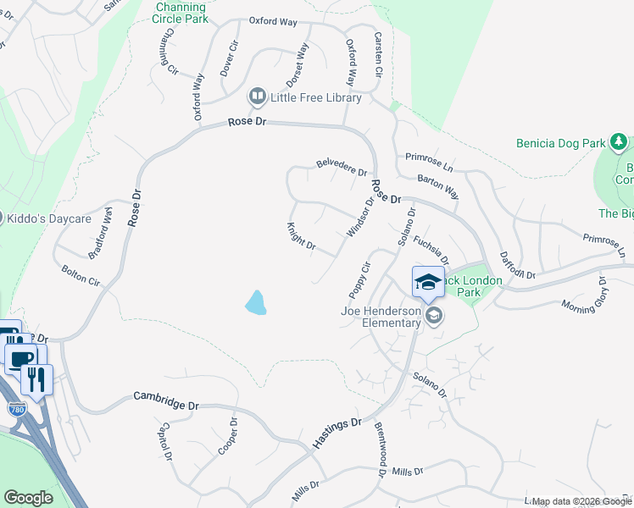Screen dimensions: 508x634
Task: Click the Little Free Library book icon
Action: tap(257, 97)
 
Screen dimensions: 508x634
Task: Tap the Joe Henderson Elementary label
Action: tap(381, 317)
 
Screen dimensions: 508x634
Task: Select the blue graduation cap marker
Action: tap(428, 283)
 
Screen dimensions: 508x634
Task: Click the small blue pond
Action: tap(255, 301)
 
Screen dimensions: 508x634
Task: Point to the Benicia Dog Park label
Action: tap(560, 143)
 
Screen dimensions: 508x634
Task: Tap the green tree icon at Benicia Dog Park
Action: tap(620, 141)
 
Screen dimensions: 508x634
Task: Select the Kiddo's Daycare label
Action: tap(48, 218)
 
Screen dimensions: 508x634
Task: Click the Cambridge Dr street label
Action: tap(166, 400)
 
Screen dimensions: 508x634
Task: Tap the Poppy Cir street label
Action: tap(360, 279)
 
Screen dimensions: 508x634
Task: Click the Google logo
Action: tap(27, 497)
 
